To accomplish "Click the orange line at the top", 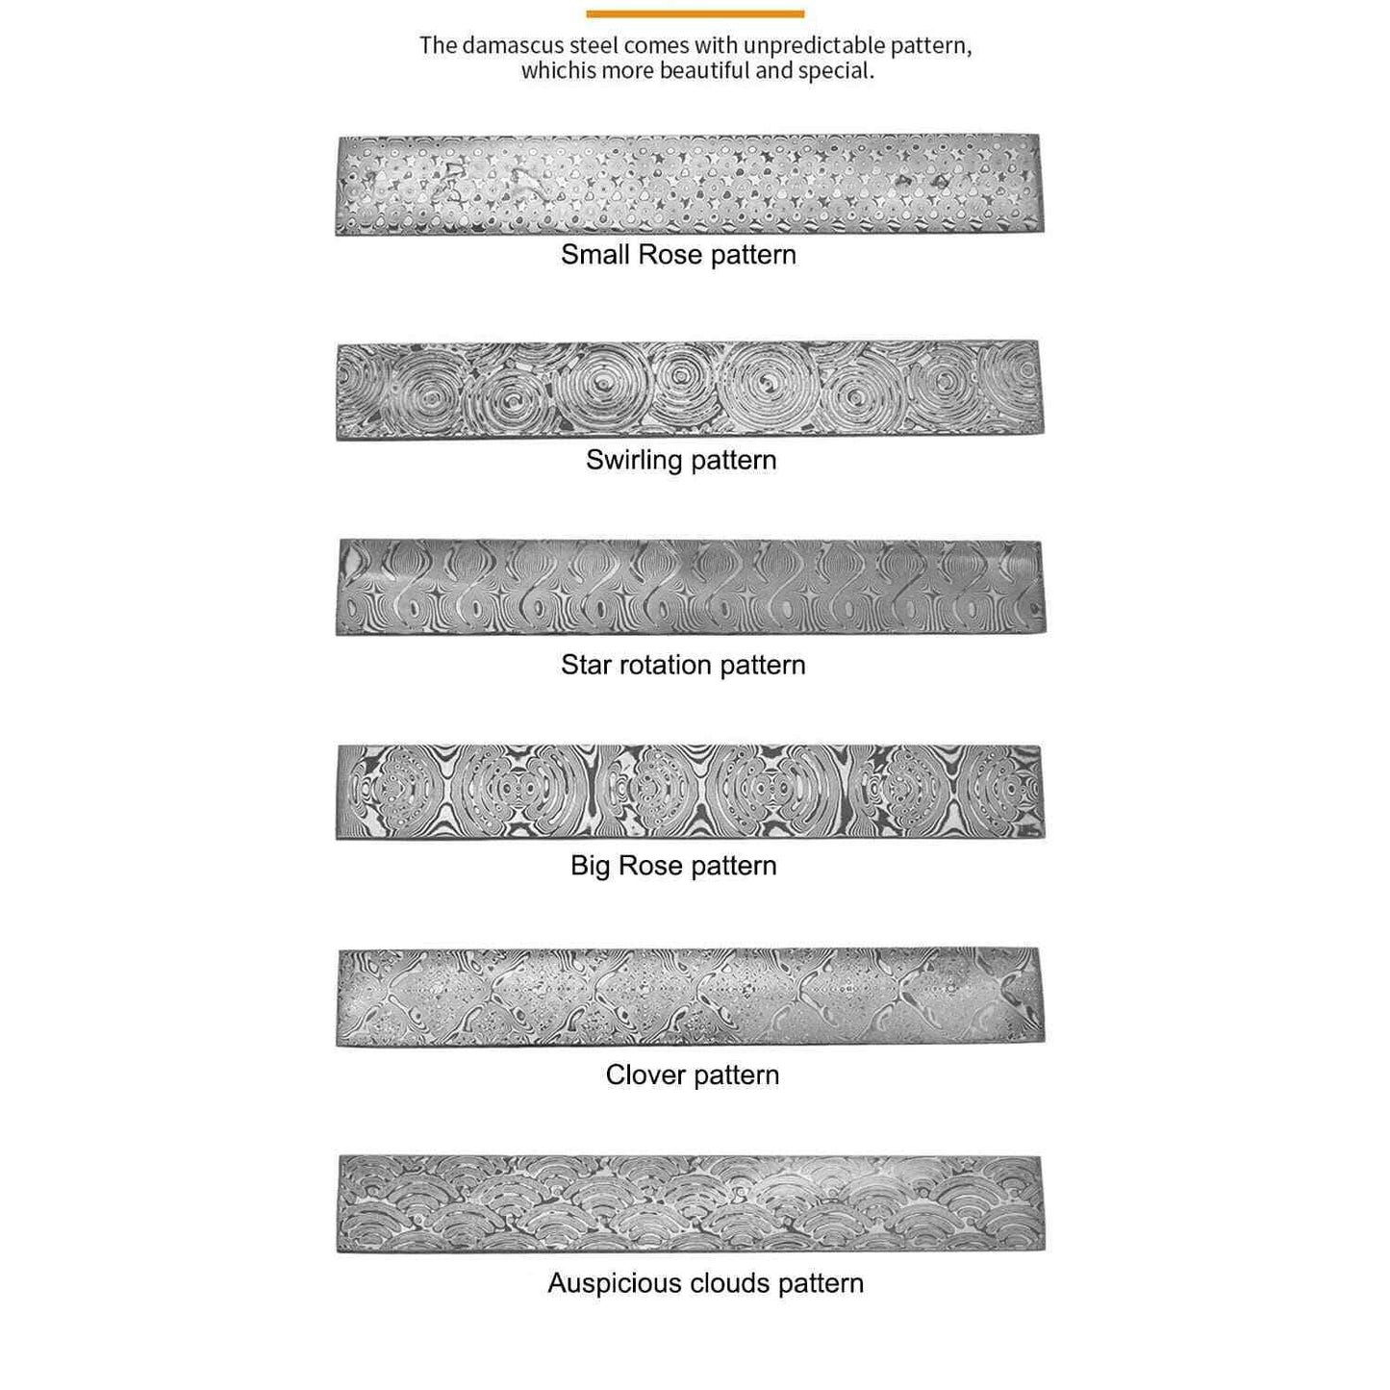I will click(695, 13).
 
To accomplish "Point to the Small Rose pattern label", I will click(678, 255).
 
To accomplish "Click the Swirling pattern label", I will click(681, 460).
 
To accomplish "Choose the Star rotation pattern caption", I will click(683, 665).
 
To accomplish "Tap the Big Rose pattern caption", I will click(673, 866).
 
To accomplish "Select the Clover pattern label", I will click(693, 1074).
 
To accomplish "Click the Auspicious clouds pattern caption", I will click(705, 1283).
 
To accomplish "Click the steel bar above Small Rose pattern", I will click(689, 185).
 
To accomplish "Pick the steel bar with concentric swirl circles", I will click(689, 390).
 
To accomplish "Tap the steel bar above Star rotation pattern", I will click(689, 587).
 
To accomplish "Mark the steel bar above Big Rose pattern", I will click(689, 791).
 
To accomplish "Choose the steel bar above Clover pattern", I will click(689, 997).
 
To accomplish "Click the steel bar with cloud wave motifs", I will click(689, 1203).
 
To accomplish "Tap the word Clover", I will click(644, 1074).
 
